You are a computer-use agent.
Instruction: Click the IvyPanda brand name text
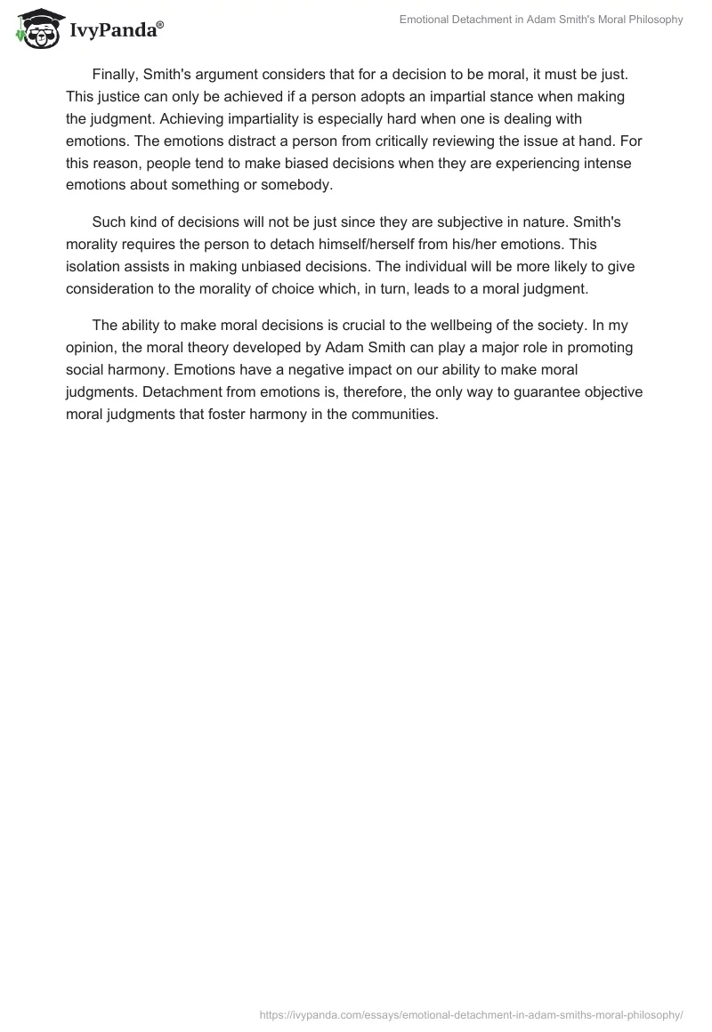116,32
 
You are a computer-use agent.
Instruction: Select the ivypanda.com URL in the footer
471,1013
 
